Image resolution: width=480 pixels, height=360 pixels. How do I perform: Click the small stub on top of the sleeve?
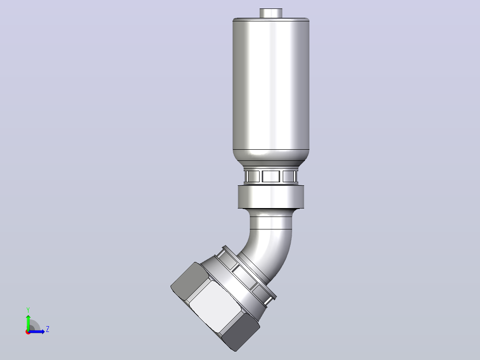(271, 13)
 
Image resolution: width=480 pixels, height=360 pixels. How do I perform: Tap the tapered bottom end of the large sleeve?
(271, 155)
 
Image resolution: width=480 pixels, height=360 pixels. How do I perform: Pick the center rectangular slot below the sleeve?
(271, 176)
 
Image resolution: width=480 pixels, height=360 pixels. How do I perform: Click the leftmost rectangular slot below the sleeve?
(252, 176)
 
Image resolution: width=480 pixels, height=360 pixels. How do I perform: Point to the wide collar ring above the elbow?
(271, 196)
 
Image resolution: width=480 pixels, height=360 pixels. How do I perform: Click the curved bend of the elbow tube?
(269, 248)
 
